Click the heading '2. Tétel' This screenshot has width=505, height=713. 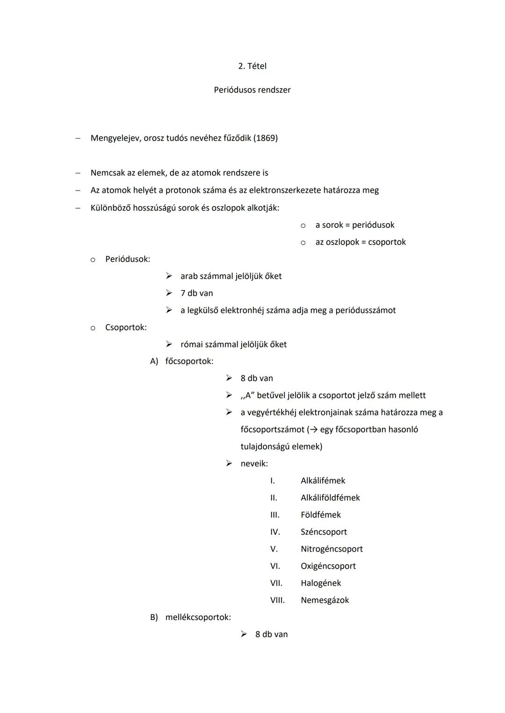[x=252, y=66]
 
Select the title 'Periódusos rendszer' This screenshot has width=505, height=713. [x=252, y=90]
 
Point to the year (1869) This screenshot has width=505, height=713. [x=266, y=138]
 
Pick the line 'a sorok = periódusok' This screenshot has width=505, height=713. [x=354, y=225]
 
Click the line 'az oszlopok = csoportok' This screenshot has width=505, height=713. [x=361, y=242]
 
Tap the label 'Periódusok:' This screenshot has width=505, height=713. [x=128, y=259]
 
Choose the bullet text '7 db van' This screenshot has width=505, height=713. [x=196, y=293]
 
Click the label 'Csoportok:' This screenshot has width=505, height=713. [x=126, y=327]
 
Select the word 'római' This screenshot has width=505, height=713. [x=192, y=345]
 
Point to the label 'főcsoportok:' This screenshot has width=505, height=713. [x=189, y=361]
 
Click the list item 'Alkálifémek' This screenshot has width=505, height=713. [x=323, y=481]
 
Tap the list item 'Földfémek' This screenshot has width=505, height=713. [x=321, y=515]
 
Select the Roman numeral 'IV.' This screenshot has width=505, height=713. [x=275, y=532]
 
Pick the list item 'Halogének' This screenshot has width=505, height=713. [x=321, y=583]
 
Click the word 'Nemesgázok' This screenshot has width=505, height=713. [x=325, y=600]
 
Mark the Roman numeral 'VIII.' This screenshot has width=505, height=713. [x=277, y=600]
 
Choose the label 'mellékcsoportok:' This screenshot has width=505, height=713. [x=198, y=617]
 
